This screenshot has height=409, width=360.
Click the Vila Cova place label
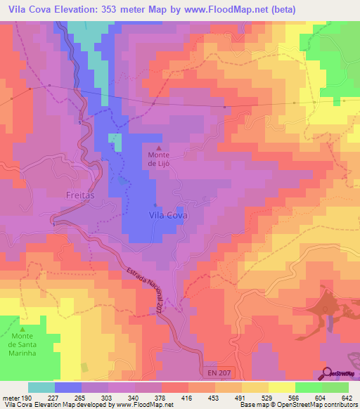tap(167, 216)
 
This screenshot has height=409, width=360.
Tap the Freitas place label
tap(79, 195)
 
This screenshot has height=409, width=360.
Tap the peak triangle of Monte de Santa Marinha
tap(22, 329)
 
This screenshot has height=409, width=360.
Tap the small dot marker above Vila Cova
tap(155, 204)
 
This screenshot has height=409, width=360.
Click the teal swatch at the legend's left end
tap(41, 387)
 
